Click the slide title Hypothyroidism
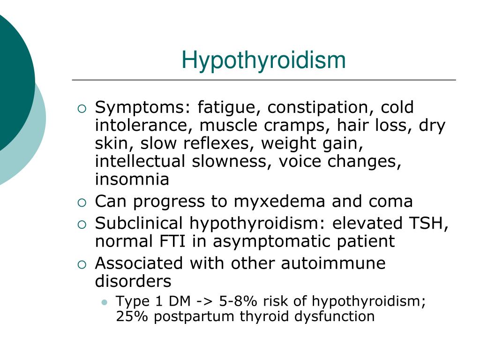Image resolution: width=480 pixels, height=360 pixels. tap(263, 60)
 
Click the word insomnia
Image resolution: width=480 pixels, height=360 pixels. tap(132, 179)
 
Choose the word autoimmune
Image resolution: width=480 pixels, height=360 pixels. tap(333, 263)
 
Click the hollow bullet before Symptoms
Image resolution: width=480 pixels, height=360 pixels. tap(82, 109)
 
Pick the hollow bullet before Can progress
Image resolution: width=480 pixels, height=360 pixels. tap(82, 203)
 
